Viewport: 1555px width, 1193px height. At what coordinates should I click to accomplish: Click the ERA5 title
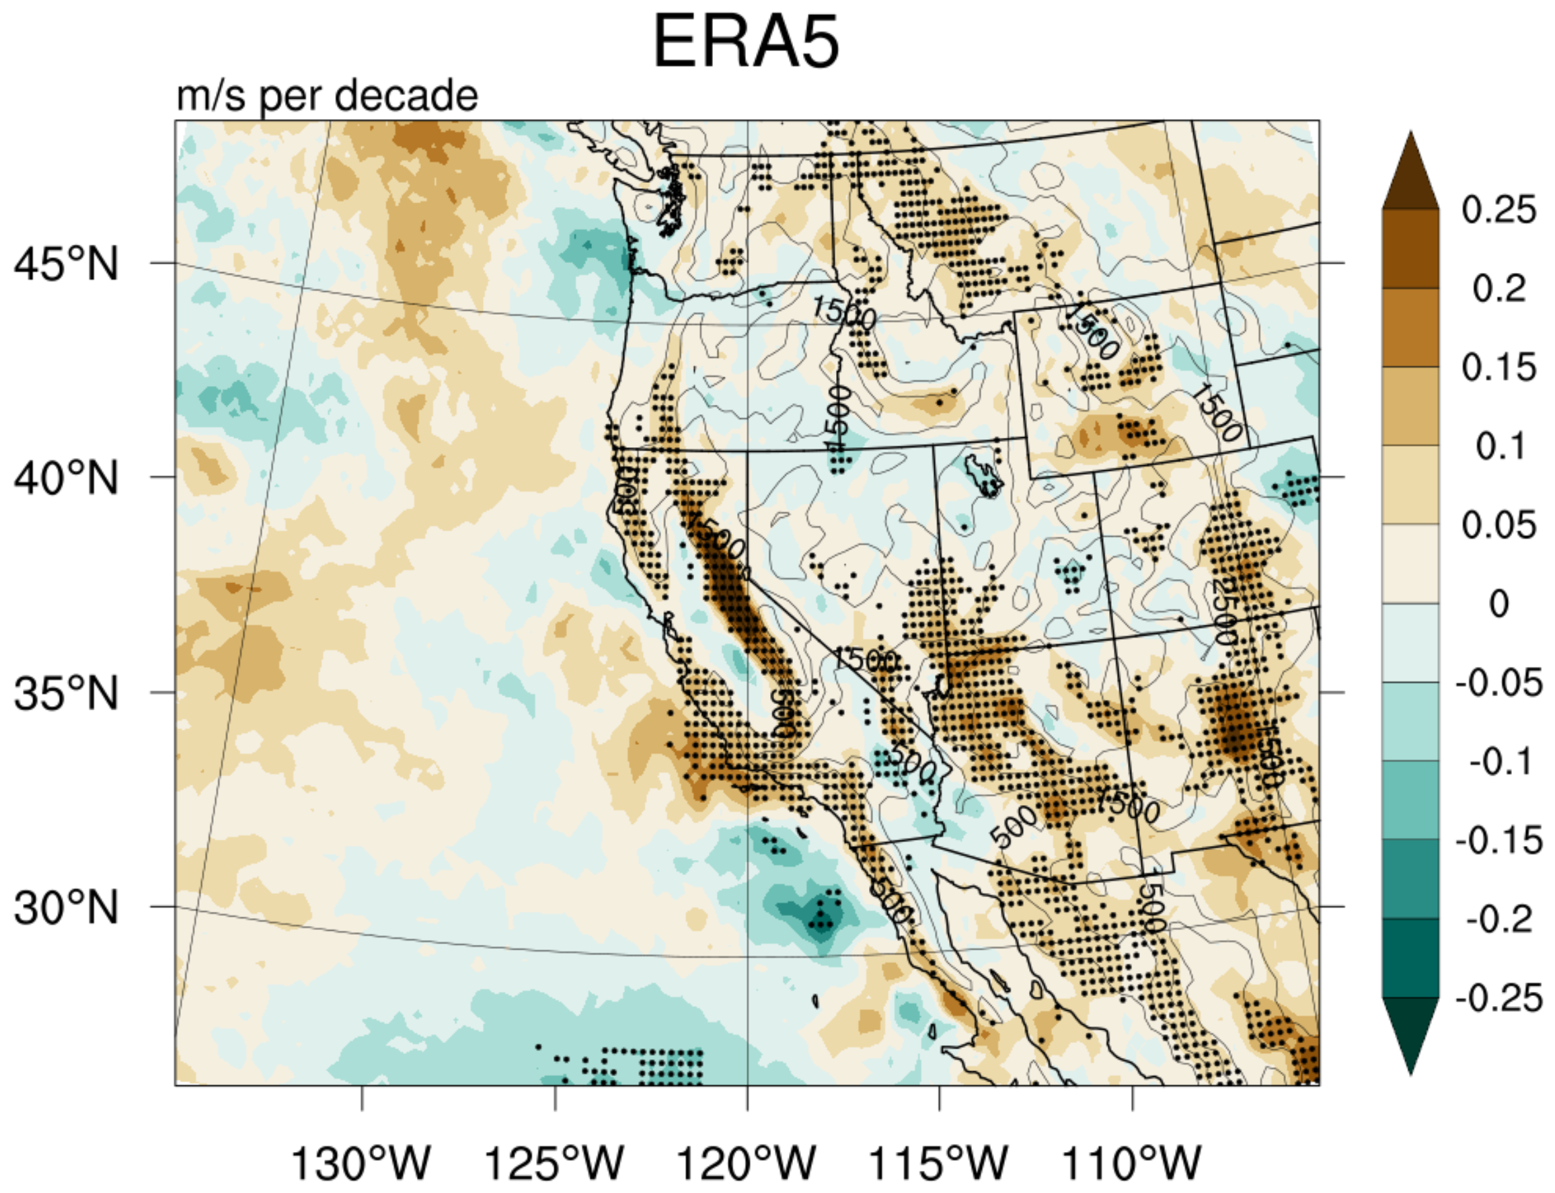[x=745, y=42]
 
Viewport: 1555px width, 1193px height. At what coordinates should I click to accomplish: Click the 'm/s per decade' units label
[x=328, y=96]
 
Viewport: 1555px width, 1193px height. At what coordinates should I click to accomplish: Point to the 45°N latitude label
[x=66, y=264]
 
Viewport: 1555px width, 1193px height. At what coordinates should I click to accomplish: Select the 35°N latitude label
[x=66, y=694]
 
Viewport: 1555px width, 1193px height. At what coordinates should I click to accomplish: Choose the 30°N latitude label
[x=66, y=908]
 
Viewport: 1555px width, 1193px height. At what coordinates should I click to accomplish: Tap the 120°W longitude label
[x=747, y=1163]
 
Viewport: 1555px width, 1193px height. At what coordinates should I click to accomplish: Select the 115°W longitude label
[x=939, y=1163]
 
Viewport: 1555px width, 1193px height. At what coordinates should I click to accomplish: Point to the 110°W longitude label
[x=1131, y=1163]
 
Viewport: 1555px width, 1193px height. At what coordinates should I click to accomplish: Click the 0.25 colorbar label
[x=1499, y=210]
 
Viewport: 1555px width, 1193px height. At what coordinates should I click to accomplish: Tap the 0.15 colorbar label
[x=1499, y=368]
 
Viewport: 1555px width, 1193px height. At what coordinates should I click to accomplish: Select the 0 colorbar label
[x=1499, y=605]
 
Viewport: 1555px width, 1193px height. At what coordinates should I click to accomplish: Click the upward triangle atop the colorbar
[x=1410, y=174]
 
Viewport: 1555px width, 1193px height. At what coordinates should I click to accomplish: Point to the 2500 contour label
[x=1223, y=611]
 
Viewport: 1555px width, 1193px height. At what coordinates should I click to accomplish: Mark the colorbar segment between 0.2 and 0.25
[x=1410, y=249]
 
